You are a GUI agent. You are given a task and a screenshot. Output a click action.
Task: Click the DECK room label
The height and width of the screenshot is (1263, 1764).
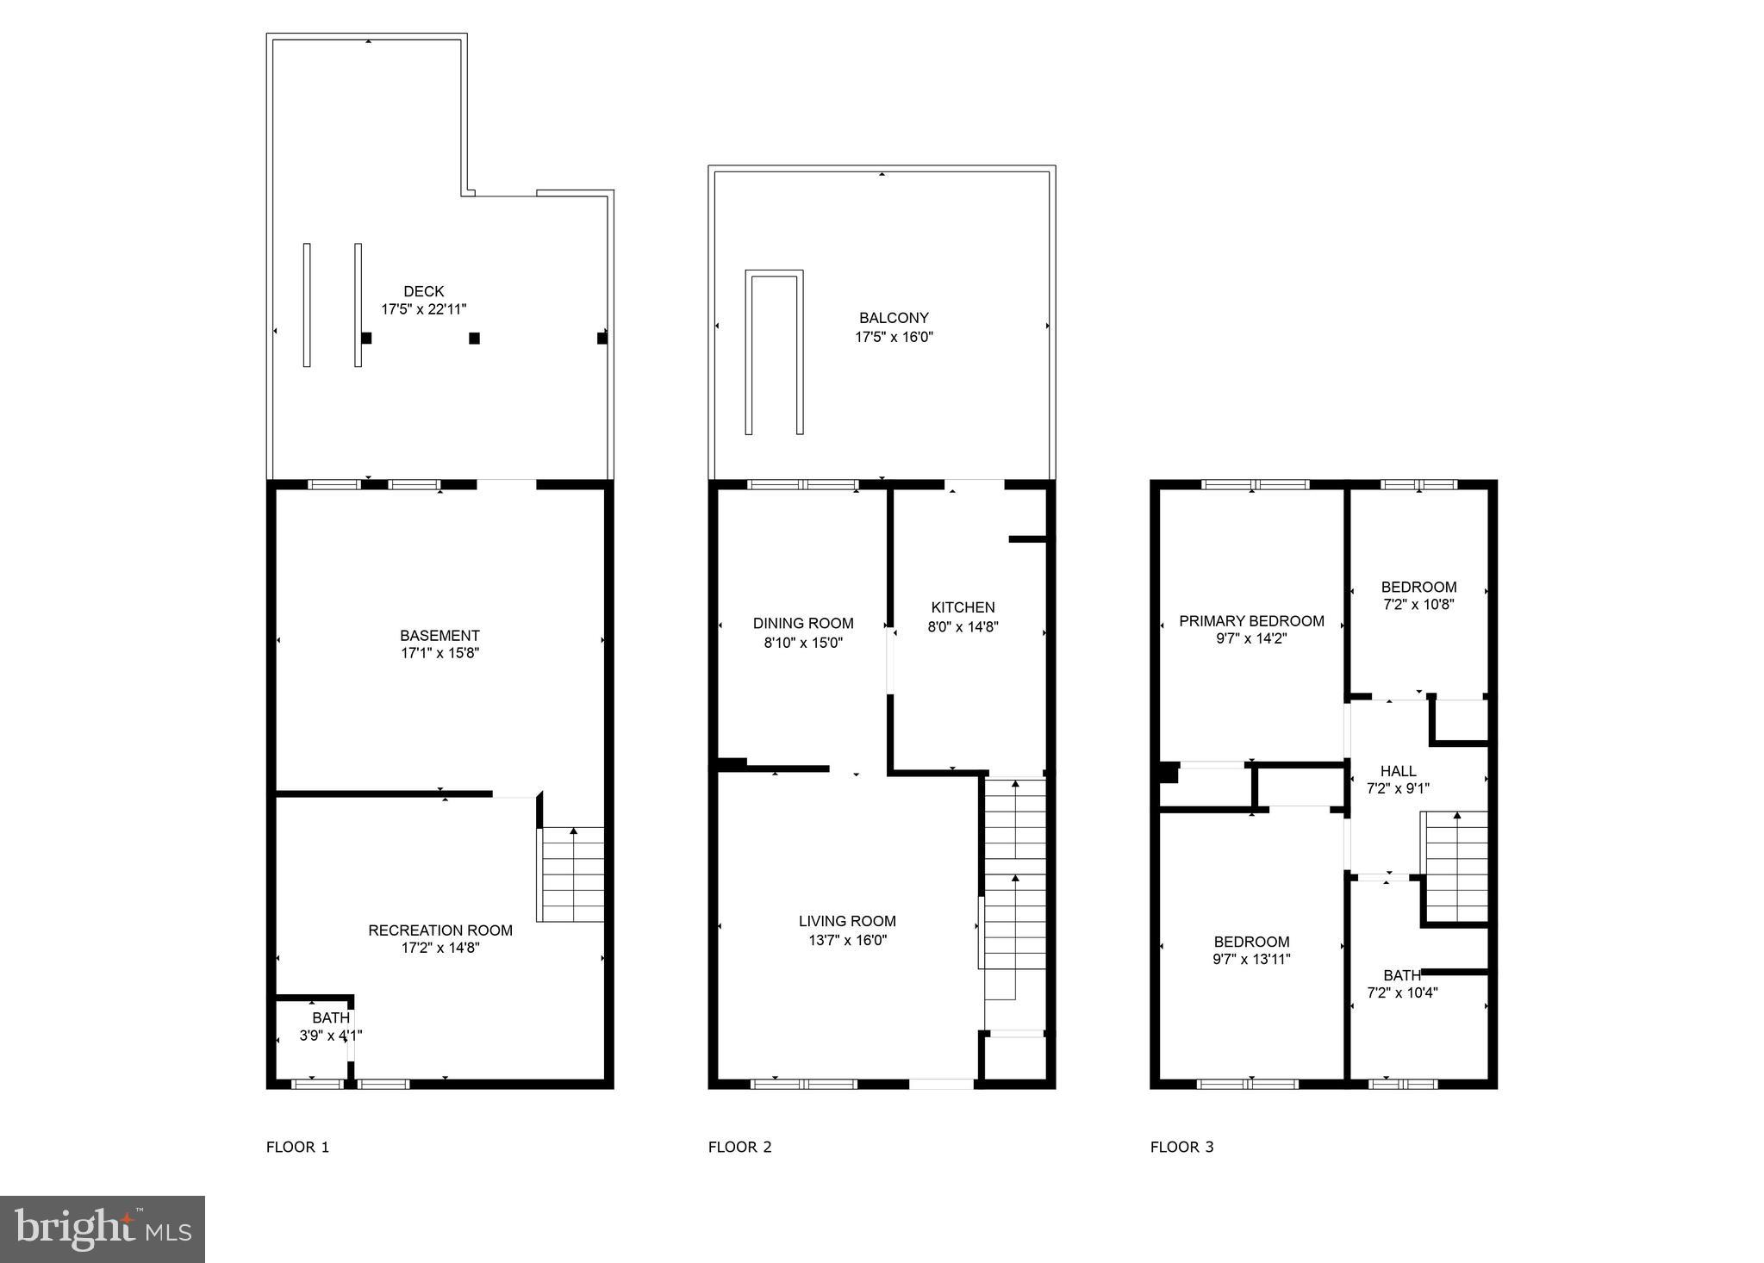(423, 292)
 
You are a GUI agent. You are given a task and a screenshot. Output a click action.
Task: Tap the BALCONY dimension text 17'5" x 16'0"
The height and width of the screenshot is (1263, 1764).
(894, 337)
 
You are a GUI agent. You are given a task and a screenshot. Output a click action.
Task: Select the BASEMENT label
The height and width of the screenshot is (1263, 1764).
(439, 636)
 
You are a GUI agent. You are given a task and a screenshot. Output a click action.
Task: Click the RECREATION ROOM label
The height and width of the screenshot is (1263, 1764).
(440, 930)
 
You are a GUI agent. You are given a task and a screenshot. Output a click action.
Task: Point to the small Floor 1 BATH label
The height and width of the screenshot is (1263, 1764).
(331, 1018)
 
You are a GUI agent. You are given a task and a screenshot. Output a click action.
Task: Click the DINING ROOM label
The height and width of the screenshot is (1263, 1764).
(803, 624)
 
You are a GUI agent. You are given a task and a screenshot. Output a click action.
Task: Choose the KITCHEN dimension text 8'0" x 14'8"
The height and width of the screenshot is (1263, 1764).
(963, 627)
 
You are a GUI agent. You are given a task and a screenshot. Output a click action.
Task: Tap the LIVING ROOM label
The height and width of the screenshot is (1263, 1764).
(847, 922)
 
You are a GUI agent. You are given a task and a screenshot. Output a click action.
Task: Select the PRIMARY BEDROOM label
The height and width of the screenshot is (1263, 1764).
(1251, 621)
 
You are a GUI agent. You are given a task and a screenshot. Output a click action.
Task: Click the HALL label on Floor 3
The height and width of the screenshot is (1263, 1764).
(1398, 771)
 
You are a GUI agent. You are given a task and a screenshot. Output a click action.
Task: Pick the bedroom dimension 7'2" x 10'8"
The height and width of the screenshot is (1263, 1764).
(1418, 605)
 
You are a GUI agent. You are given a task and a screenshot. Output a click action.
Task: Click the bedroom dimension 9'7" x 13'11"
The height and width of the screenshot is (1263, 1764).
(1251, 959)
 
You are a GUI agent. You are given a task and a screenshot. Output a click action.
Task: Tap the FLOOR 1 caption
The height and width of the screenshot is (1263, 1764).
(297, 1147)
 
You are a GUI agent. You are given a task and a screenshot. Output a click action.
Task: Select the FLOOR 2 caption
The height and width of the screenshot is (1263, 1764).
(739, 1147)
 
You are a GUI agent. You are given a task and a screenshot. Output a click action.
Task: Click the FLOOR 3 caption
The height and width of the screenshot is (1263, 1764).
(1181, 1147)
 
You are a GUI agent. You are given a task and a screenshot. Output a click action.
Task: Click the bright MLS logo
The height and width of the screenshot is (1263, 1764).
(103, 1229)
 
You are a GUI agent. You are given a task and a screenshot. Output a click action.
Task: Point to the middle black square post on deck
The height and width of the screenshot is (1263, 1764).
(474, 339)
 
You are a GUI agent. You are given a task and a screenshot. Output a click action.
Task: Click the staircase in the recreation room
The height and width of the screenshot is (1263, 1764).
(571, 874)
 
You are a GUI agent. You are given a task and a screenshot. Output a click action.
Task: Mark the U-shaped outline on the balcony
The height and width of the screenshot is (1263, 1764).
(774, 352)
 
